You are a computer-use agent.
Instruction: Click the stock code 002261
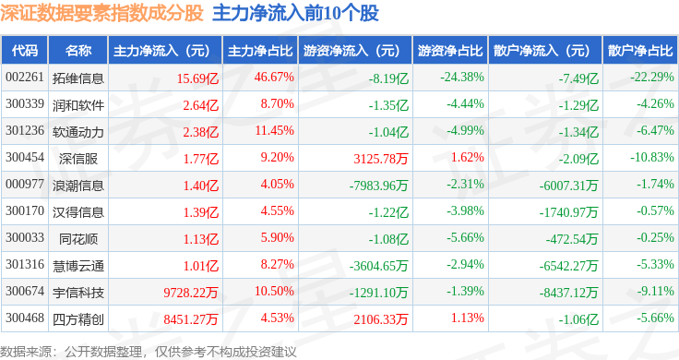tap(25, 78)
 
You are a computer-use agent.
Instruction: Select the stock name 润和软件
tap(78, 105)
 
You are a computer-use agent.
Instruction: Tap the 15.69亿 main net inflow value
tap(197, 78)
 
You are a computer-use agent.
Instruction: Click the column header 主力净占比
tap(260, 51)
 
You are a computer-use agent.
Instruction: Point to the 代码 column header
tap(25, 51)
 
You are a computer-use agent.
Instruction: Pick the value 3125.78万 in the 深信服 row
tap(381, 159)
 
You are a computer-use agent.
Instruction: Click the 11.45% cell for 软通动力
tap(275, 130)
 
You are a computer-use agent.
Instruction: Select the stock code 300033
tap(25, 237)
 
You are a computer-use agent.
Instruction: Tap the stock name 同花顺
tap(78, 239)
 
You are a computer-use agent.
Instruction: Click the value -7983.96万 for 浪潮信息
tap(378, 186)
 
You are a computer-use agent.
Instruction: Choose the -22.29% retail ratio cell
tap(652, 78)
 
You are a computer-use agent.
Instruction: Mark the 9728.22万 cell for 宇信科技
tap(191, 293)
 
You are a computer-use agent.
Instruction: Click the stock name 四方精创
tap(78, 319)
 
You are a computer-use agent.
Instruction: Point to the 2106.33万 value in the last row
tap(381, 319)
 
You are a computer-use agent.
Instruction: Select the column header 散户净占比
tap(640, 51)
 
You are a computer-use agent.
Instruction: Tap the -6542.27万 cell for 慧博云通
tap(568, 266)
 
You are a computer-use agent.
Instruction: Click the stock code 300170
tap(25, 210)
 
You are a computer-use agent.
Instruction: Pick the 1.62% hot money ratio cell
tap(467, 157)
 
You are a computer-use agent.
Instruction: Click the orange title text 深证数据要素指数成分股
tap(101, 13)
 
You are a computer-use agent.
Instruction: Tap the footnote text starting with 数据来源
tap(149, 352)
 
